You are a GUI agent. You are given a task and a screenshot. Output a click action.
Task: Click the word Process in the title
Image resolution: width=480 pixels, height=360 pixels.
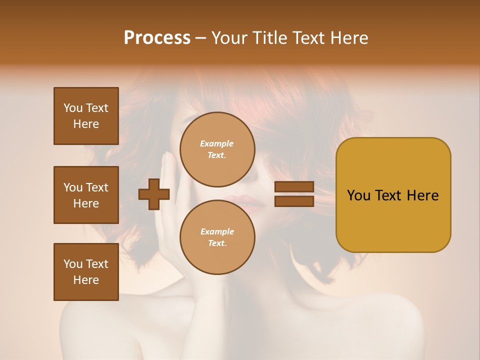(157, 38)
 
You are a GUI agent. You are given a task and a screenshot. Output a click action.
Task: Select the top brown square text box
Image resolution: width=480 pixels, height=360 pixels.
(86, 116)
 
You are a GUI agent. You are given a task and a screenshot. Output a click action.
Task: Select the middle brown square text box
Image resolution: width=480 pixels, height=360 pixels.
(86, 195)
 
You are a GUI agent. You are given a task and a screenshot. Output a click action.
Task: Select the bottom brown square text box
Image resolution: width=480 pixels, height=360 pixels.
(86, 272)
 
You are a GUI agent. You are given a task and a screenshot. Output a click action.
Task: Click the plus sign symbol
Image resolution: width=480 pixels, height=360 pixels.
(153, 194)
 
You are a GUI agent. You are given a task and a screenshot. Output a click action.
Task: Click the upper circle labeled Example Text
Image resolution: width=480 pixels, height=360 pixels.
(217, 149)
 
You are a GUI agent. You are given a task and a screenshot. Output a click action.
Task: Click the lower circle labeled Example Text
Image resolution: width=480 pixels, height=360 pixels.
(217, 237)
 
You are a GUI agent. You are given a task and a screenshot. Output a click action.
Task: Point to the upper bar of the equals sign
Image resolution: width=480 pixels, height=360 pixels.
(294, 187)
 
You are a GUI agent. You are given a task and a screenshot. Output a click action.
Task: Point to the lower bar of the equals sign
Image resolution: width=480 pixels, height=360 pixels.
(294, 201)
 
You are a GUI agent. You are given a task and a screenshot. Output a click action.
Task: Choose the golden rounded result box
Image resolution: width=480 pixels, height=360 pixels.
(393, 194)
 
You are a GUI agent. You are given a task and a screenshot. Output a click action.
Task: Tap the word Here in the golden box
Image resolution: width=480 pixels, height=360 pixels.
(422, 195)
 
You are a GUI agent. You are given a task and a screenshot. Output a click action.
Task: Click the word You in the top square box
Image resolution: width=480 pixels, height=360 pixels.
(73, 108)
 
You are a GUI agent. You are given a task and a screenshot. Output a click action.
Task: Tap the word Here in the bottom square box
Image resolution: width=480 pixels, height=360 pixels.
(86, 280)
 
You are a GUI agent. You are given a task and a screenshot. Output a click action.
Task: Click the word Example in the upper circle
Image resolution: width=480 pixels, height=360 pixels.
(217, 144)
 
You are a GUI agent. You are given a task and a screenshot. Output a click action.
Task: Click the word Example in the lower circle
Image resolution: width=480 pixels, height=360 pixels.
(217, 232)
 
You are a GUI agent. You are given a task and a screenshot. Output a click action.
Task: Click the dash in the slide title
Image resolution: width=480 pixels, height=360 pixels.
(201, 38)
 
